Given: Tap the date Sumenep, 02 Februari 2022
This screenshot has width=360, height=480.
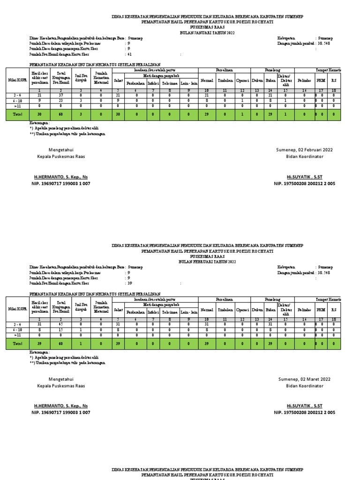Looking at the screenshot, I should pyautogui.click(x=305, y=150).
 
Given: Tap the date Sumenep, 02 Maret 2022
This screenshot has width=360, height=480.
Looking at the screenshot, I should pyautogui.click(x=305, y=379).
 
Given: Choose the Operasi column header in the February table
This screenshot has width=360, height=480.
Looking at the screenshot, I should pyautogui.click(x=242, y=309).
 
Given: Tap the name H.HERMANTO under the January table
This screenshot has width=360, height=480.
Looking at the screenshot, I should pyautogui.click(x=61, y=177).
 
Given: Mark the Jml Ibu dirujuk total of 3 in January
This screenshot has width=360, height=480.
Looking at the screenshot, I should pyautogui.click(x=81, y=113).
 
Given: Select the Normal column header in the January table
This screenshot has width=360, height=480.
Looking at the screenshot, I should pyautogui.click(x=207, y=80).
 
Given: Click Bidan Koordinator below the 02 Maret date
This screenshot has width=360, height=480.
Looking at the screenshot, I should pyautogui.click(x=305, y=386).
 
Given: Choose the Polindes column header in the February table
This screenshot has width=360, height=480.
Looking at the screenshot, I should pyautogui.click(x=305, y=309).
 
